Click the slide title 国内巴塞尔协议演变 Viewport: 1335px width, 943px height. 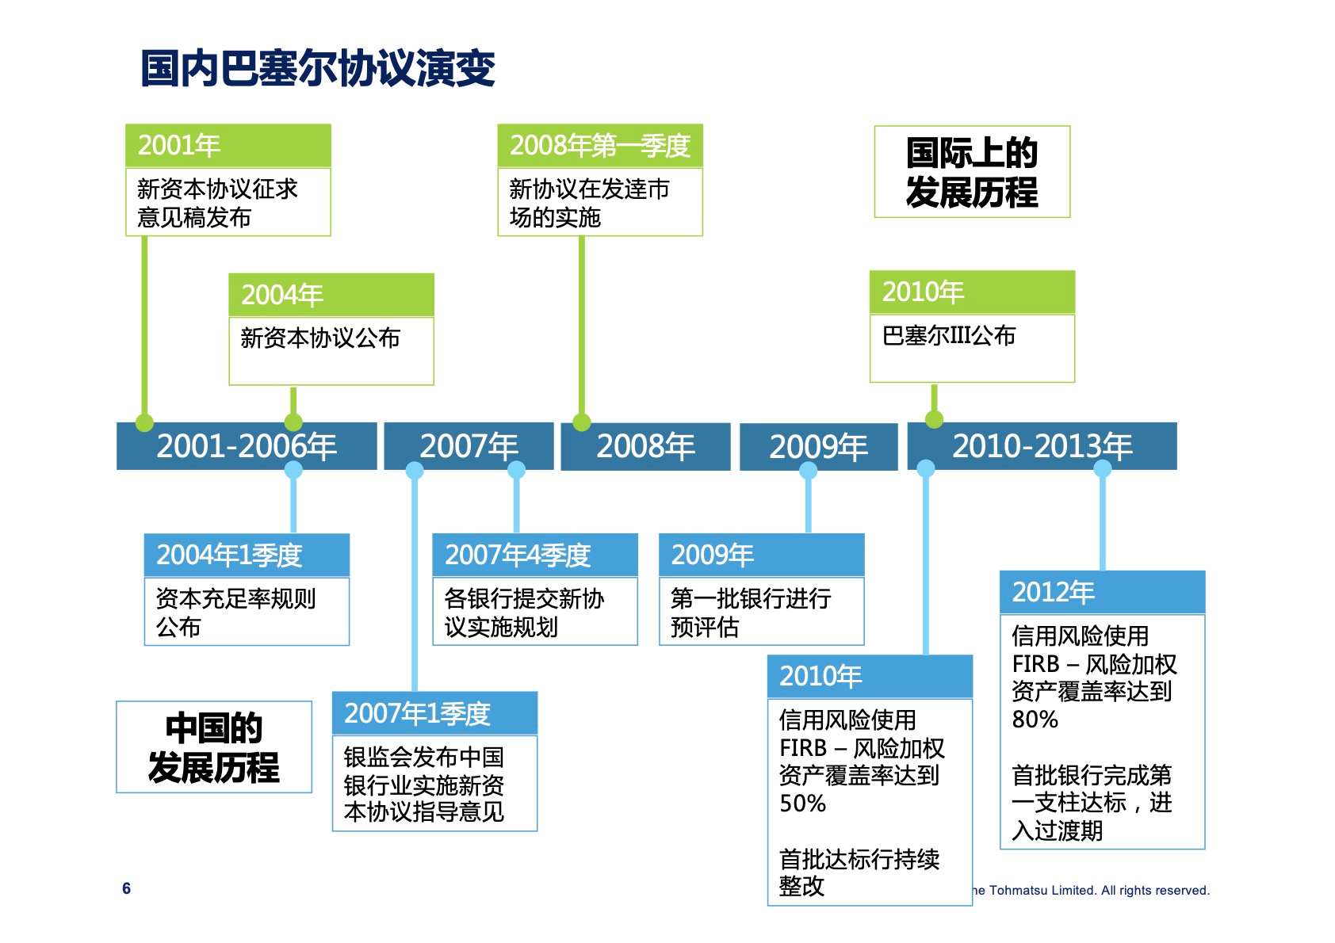click(x=318, y=68)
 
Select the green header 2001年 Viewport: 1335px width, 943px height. click(x=228, y=146)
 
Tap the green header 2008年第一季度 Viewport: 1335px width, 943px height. click(x=599, y=146)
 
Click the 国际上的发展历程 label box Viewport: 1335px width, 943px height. click(x=972, y=172)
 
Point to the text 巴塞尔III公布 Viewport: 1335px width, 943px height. click(x=949, y=336)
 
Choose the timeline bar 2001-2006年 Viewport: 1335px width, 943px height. click(x=247, y=446)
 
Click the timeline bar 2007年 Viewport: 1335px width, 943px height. click(x=469, y=446)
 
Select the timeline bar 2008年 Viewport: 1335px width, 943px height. click(x=645, y=446)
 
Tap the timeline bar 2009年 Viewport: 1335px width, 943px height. click(x=818, y=447)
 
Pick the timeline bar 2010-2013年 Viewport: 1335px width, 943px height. click(x=1042, y=446)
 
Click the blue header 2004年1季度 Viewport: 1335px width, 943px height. click(x=246, y=555)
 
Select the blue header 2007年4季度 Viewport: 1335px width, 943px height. click(x=534, y=555)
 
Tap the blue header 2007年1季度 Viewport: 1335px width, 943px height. click(x=434, y=713)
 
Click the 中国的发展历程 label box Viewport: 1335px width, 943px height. click(x=214, y=747)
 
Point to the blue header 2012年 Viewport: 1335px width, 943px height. click(x=1102, y=592)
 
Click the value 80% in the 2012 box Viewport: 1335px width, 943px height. click(x=1035, y=720)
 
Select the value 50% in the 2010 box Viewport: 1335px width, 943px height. click(x=803, y=804)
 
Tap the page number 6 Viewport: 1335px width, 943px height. click(x=127, y=888)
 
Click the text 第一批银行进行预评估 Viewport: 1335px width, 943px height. click(x=750, y=613)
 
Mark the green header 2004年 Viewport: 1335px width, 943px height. click(x=331, y=295)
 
